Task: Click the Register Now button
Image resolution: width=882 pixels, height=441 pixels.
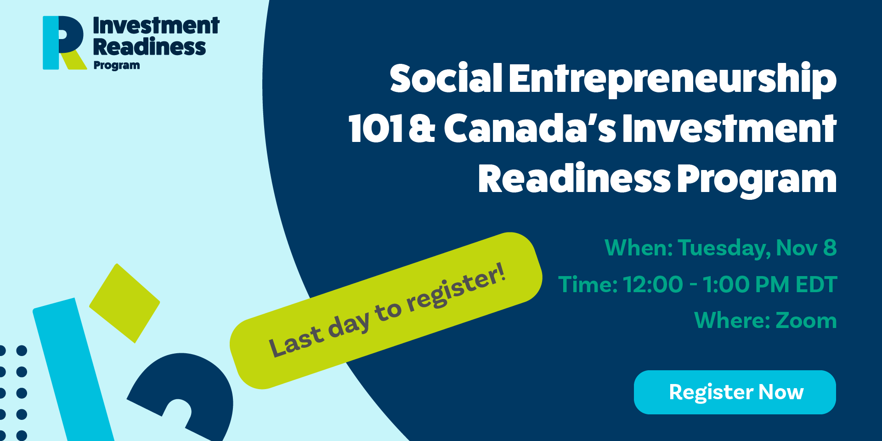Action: click(735, 392)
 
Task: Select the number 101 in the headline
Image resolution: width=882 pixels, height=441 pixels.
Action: click(376, 129)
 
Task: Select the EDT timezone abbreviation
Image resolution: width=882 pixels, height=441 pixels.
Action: click(816, 284)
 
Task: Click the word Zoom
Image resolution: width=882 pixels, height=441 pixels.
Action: click(806, 320)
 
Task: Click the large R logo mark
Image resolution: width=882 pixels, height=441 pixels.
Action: click(64, 43)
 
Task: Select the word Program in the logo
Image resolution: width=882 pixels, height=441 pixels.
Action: click(117, 66)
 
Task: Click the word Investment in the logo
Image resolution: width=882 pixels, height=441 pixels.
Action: click(156, 26)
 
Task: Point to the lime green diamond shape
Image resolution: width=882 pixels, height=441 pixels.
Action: click(124, 303)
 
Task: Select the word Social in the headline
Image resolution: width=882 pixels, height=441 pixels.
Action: click(446, 78)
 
